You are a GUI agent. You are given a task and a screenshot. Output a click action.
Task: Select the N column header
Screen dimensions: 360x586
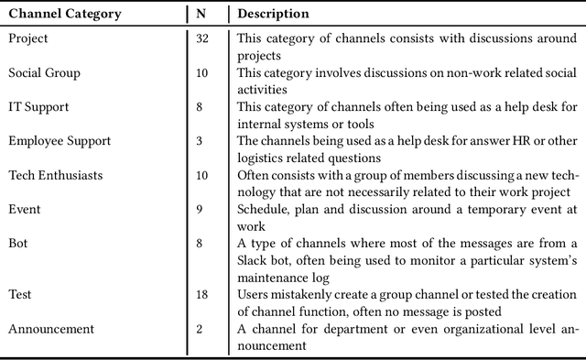click(x=201, y=15)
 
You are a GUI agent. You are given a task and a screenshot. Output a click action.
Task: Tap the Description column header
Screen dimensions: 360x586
click(x=273, y=15)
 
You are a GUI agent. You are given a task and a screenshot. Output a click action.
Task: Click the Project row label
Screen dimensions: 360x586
click(x=28, y=38)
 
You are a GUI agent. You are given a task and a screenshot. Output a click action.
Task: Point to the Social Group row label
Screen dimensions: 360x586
click(x=44, y=72)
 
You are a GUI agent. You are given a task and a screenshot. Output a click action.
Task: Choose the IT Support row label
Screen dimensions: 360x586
click(x=38, y=107)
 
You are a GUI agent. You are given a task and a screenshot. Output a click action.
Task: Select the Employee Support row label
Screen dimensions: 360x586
click(x=60, y=141)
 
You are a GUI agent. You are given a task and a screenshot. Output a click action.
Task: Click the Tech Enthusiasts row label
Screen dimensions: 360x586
click(x=56, y=175)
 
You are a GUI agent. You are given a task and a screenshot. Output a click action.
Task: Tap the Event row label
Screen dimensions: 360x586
click(x=25, y=209)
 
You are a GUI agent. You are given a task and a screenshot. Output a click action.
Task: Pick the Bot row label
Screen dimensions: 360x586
click(x=19, y=243)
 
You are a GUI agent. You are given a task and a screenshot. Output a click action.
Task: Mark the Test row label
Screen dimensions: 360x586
click(x=20, y=294)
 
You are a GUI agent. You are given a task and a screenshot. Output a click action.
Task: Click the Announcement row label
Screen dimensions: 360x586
click(x=51, y=328)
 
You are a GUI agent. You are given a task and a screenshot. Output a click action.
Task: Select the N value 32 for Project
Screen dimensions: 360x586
click(x=202, y=38)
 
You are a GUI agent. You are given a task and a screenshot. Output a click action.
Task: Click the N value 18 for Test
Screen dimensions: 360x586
click(x=202, y=294)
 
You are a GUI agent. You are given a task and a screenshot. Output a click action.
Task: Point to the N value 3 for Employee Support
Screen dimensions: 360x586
click(x=200, y=141)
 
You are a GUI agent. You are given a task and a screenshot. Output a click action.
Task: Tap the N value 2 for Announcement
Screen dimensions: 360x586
click(x=200, y=328)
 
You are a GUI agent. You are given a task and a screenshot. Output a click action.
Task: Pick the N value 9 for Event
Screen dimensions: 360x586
click(x=200, y=209)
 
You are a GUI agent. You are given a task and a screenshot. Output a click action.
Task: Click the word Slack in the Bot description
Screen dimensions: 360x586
click(x=254, y=259)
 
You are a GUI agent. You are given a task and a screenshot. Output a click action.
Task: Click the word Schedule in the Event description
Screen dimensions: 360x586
click(x=263, y=209)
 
